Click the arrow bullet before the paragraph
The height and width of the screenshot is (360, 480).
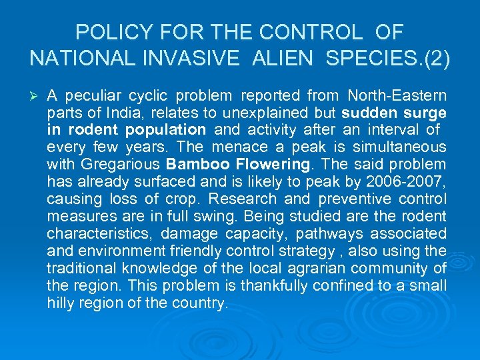[33, 95]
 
